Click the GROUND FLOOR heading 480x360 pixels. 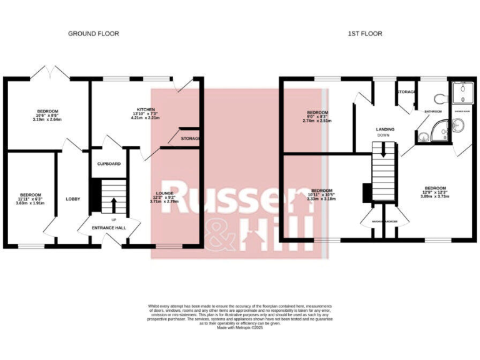tap(93, 34)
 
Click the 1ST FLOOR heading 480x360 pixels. tap(365, 34)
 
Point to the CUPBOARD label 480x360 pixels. tap(109, 164)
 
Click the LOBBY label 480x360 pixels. tap(73, 199)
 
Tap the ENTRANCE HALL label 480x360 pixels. tap(109, 228)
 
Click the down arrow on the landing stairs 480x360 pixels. tap(382, 149)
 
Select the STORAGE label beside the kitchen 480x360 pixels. tap(190, 138)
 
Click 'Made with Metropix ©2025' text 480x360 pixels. tap(240, 327)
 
